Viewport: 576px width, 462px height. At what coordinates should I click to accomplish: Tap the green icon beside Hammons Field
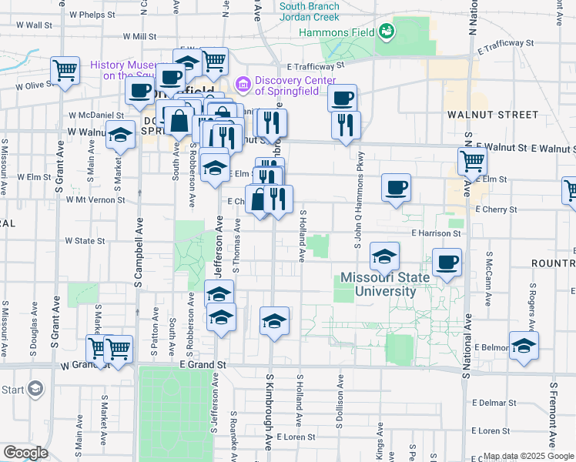(386, 32)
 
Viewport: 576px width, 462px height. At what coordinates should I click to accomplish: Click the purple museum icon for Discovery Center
(243, 82)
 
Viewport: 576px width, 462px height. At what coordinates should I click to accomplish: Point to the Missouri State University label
(378, 284)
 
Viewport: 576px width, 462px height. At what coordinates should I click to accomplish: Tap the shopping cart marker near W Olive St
(65, 70)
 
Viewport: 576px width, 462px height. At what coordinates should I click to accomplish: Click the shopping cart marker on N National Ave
(472, 160)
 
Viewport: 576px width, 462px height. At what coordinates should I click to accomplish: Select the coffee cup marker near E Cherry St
(396, 187)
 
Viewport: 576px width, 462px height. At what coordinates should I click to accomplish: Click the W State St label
(85, 241)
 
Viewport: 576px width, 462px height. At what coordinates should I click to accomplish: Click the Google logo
(25, 453)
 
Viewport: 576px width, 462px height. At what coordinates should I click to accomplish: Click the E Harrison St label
(435, 233)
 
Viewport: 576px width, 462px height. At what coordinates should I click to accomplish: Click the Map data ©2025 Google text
(527, 456)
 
